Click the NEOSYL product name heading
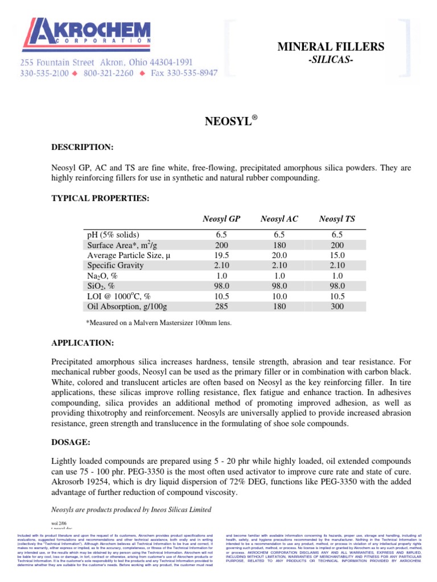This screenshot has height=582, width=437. coord(230,121)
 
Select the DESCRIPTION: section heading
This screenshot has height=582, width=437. coord(83,147)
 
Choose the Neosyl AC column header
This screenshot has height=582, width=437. coord(279,219)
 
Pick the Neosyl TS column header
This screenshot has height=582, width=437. coord(337,219)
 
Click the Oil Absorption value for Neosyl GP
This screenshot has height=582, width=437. coord(221,307)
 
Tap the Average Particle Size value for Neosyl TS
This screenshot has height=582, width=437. coord(337,256)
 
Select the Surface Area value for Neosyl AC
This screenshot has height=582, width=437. coord(279,246)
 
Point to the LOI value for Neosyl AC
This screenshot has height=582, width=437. coord(279,297)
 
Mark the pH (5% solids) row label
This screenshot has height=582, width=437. coord(113,235)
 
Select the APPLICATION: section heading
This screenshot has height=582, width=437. coord(83,344)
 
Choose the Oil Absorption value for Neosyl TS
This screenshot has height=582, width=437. coord(337,307)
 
